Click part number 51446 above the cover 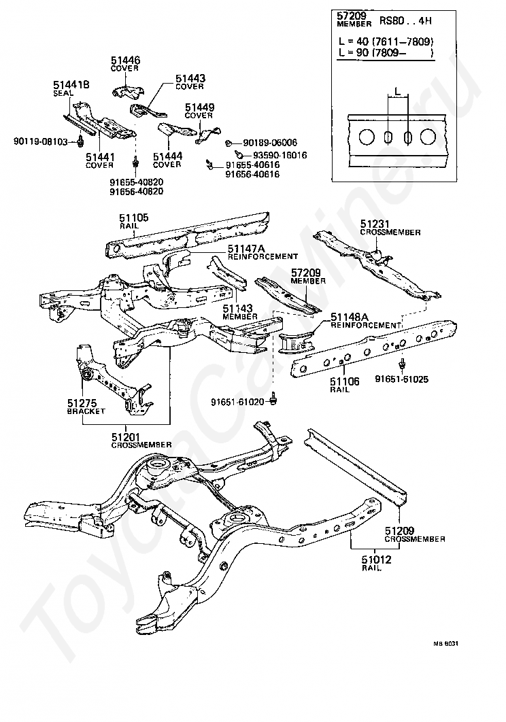pyautogui.click(x=126, y=60)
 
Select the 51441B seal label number pyautogui.click(x=71, y=84)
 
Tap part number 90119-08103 pyautogui.click(x=41, y=141)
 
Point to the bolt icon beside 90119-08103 pyautogui.click(x=80, y=141)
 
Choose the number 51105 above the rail pyautogui.click(x=134, y=218)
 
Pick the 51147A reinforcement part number pyautogui.click(x=246, y=249)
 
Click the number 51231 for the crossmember pyautogui.click(x=374, y=224)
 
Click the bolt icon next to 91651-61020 pyautogui.click(x=273, y=398)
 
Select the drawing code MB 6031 pyautogui.click(x=446, y=642)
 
